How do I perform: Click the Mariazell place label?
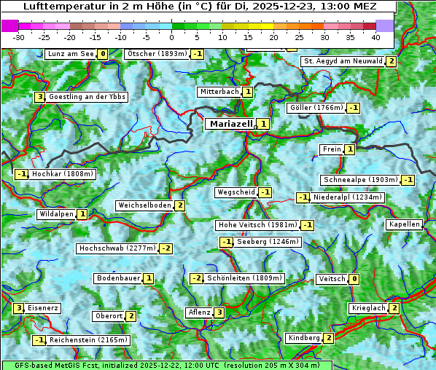(x=230, y=124)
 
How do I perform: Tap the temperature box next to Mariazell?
(x=262, y=124)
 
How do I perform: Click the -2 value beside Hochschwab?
(x=166, y=248)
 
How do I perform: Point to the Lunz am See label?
(x=71, y=54)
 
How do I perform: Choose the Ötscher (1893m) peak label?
(x=157, y=54)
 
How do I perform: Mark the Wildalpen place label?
(x=56, y=214)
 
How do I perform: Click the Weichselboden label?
(x=144, y=205)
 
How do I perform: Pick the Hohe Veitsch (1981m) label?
(x=257, y=225)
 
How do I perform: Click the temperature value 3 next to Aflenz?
(x=219, y=312)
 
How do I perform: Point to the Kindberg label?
(x=304, y=338)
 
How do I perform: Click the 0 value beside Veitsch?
(x=354, y=279)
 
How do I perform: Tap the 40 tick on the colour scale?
(x=375, y=36)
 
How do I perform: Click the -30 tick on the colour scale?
(x=19, y=36)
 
